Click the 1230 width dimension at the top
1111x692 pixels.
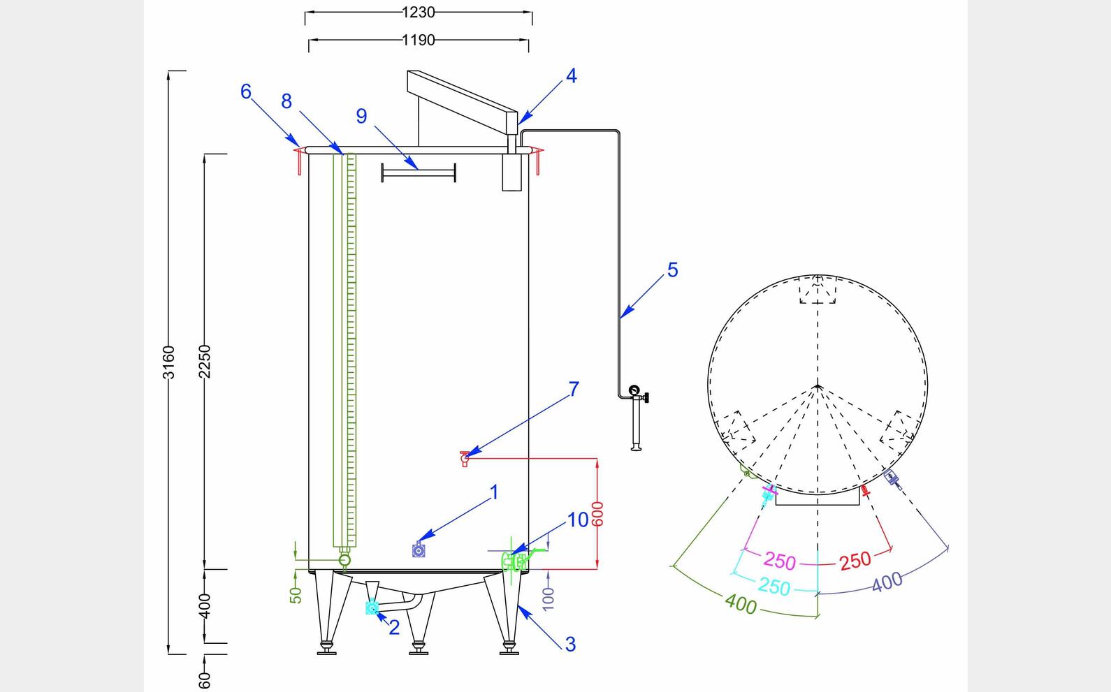[x=418, y=12]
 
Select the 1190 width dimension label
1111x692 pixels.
[x=418, y=41]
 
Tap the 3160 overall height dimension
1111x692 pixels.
[x=168, y=362]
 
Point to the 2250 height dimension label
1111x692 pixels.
[x=204, y=360]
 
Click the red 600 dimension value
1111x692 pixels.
[x=597, y=514]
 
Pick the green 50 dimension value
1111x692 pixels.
[x=296, y=595]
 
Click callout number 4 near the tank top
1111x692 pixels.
[x=571, y=76]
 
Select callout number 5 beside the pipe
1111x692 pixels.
[x=672, y=270]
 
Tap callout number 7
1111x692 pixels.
[x=574, y=389]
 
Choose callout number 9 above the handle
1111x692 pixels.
[x=361, y=116]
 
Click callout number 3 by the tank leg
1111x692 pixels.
[x=570, y=644]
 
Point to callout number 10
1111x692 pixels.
[x=578, y=520]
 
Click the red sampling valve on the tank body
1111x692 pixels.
[x=465, y=457]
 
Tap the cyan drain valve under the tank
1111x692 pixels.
[x=372, y=608]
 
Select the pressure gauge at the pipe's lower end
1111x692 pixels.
[x=634, y=390]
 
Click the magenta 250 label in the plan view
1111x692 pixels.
[x=780, y=560]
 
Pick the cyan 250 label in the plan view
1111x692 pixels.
[x=774, y=586]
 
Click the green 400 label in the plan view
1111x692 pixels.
[x=741, y=603]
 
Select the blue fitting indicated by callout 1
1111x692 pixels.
[x=419, y=551]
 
